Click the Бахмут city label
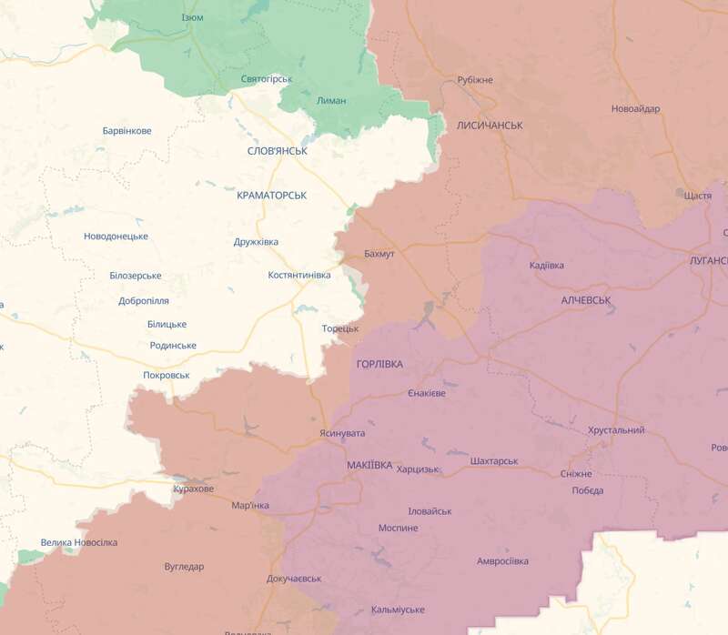379,254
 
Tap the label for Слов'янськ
277,150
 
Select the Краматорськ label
271,196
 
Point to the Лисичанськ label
490,125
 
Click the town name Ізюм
192,18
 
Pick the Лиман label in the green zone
330,100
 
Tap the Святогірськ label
267,79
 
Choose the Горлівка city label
379,364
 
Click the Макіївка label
369,465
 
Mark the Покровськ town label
167,375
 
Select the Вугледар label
185,566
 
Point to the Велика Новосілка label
79,543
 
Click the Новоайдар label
635,109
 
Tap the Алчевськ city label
586,299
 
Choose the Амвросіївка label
502,561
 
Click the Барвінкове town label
126,131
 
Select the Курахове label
193,489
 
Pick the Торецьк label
340,328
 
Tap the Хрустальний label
616,430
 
